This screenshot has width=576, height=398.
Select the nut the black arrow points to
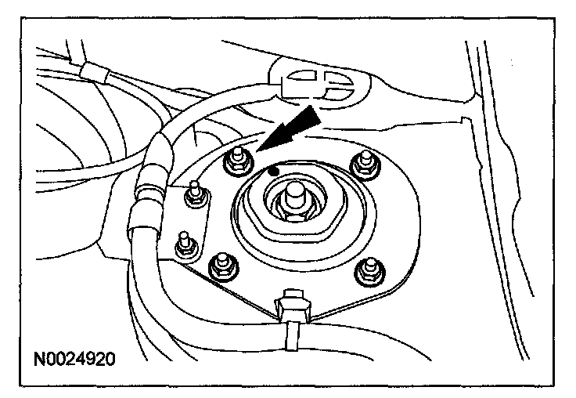pos(236,161)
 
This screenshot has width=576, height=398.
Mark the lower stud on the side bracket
pos(184,243)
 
